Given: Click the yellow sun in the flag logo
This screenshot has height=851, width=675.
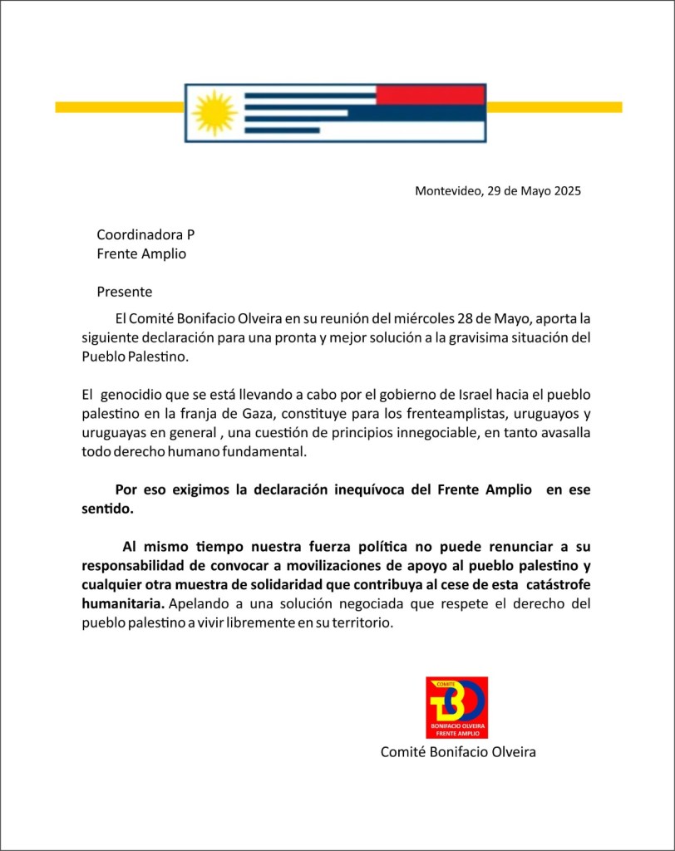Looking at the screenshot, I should coord(215,112).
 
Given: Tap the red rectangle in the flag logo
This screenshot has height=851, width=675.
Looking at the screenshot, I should coord(430,95).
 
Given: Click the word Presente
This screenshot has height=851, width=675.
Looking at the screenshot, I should coord(125,292).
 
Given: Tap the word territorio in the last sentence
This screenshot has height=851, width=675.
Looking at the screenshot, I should coord(360,622).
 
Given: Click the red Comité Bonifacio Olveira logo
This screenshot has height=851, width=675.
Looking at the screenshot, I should coord(456,707).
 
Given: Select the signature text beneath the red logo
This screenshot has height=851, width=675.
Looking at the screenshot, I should coord(458,751).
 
